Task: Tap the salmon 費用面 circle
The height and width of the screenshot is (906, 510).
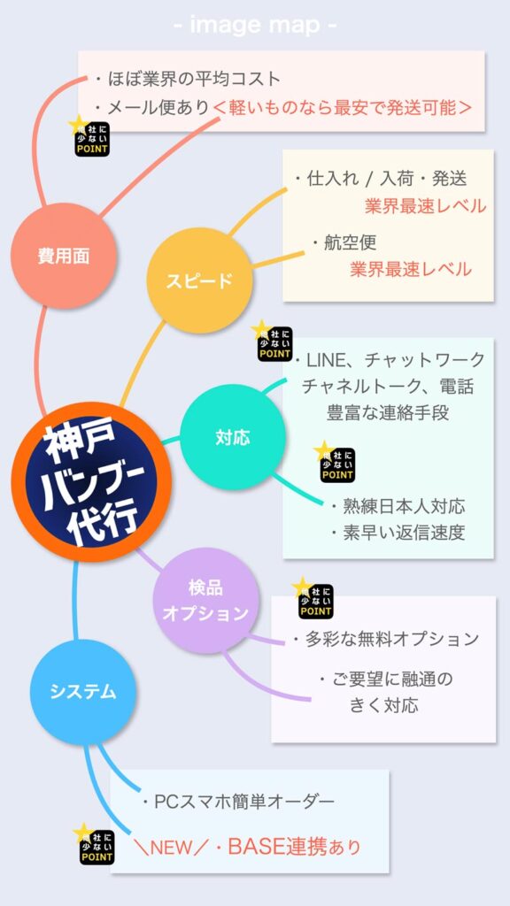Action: (x=64, y=256)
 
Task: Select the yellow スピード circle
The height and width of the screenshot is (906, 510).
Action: (x=199, y=280)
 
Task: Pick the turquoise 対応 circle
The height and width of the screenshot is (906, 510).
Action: (x=233, y=437)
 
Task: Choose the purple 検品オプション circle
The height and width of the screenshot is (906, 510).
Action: (x=205, y=601)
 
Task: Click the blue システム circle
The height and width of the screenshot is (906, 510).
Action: (x=82, y=692)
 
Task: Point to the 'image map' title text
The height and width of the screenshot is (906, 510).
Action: (x=255, y=26)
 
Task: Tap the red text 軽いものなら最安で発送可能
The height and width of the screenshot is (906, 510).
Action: (x=343, y=107)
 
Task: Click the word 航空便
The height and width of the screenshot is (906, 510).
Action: (x=344, y=242)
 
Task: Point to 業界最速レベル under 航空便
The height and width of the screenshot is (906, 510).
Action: (x=411, y=269)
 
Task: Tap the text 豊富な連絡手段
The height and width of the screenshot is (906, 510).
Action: (x=388, y=413)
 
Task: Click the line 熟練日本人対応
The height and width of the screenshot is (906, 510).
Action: (x=398, y=507)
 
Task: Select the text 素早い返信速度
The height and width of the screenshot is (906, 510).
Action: (x=398, y=532)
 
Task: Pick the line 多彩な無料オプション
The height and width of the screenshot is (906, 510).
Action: (x=386, y=639)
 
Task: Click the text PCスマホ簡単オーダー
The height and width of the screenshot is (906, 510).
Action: (x=238, y=802)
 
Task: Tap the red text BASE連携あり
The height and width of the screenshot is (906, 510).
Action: (x=295, y=847)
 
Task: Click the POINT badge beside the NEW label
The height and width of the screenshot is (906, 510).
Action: (x=95, y=845)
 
